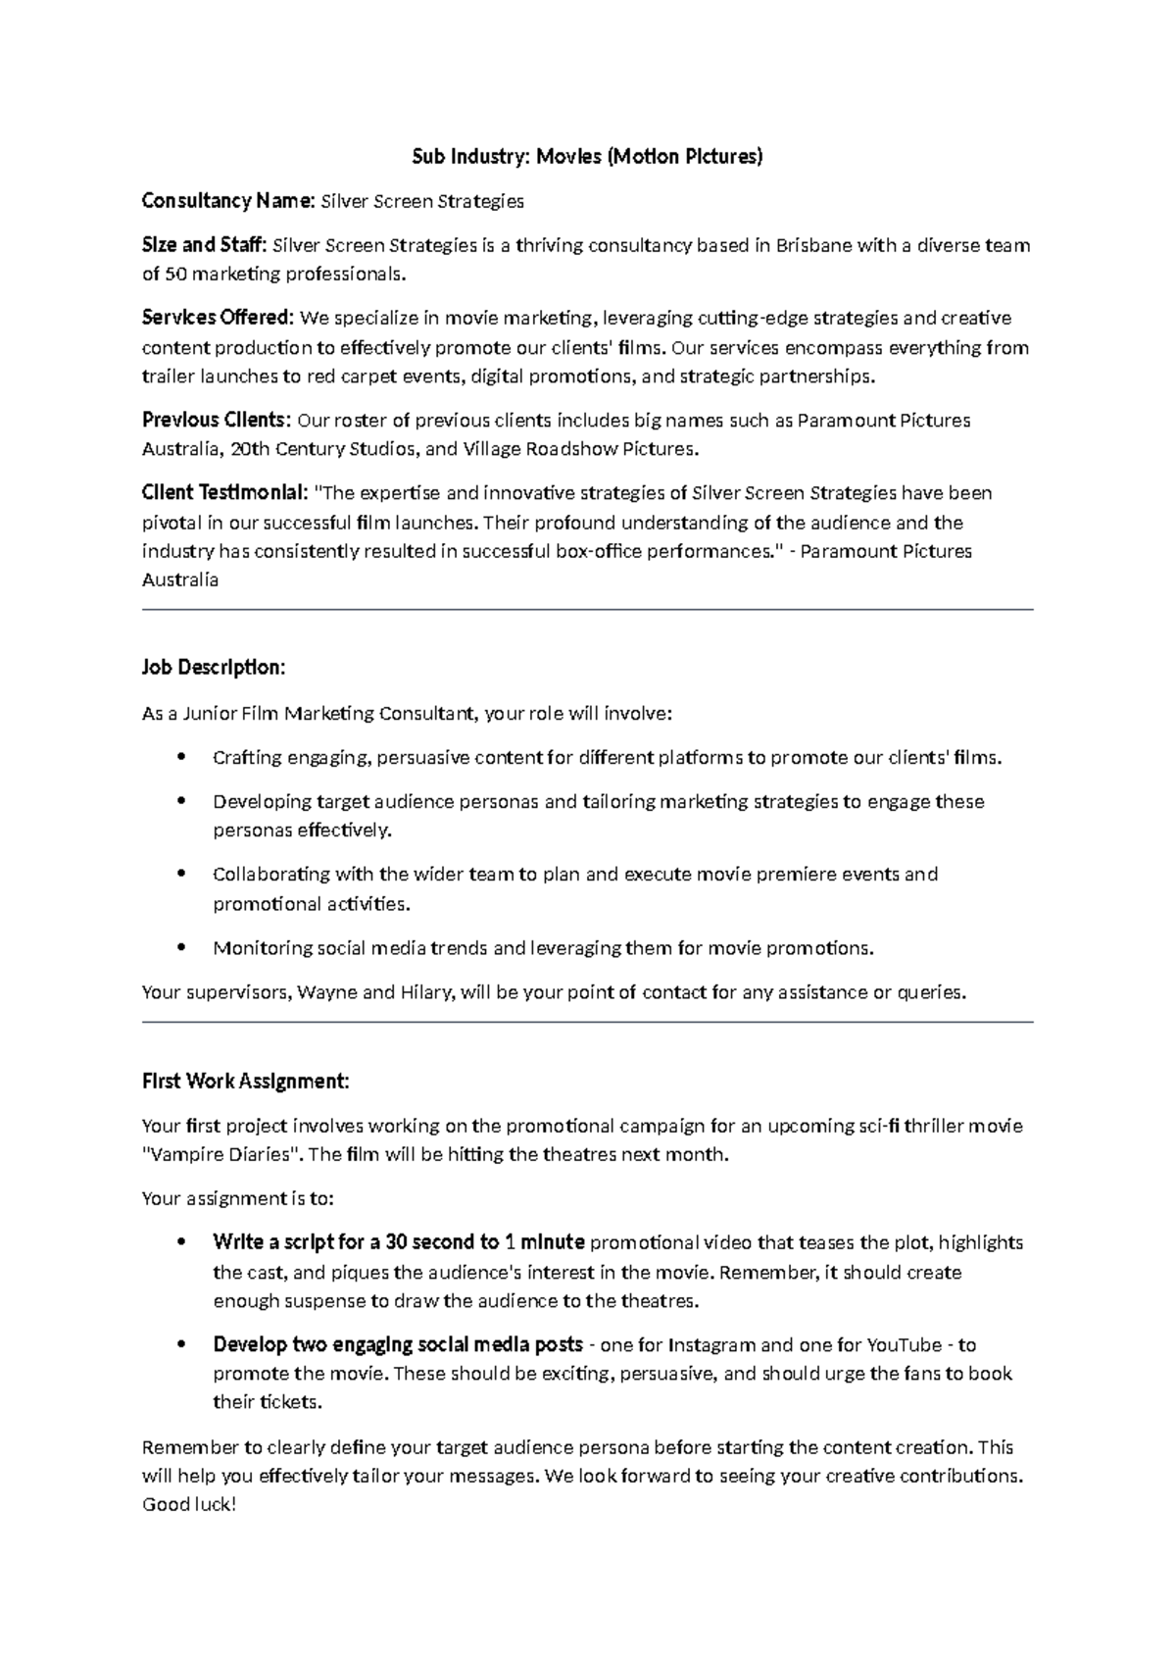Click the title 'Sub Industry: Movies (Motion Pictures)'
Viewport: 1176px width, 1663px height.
click(586, 156)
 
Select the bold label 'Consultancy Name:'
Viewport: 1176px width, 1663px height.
click(228, 201)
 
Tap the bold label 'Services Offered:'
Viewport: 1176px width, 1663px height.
click(218, 318)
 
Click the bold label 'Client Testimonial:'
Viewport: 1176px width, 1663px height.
click(225, 492)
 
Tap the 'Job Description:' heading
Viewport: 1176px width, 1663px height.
click(214, 668)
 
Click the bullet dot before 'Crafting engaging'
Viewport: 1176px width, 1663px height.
click(182, 757)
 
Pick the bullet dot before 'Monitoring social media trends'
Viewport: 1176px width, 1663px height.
click(182, 947)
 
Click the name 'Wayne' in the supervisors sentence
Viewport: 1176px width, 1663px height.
click(326, 992)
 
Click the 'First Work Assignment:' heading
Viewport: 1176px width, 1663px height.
click(245, 1081)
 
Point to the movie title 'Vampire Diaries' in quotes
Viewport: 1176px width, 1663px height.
click(220, 1154)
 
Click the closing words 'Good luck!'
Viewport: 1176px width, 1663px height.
click(189, 1504)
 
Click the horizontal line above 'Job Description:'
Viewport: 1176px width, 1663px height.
click(588, 610)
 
